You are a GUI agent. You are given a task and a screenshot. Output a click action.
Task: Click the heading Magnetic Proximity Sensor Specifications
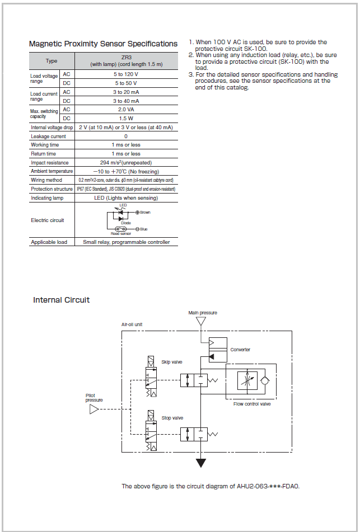click(x=103, y=44)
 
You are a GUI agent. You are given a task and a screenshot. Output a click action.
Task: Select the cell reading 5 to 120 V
click(x=127, y=74)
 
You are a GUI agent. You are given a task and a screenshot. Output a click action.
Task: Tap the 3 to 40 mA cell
click(x=127, y=101)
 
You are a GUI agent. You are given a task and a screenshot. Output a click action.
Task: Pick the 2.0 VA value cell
click(x=127, y=109)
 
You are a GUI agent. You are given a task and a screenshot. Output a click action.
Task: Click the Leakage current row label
click(x=48, y=136)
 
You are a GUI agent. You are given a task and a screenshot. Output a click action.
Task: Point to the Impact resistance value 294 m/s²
click(x=126, y=163)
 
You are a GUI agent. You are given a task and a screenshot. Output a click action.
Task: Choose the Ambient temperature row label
click(x=52, y=171)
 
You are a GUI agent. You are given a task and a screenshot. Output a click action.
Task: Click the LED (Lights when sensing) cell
click(x=126, y=198)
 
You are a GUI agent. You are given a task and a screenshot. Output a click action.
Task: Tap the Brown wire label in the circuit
click(x=145, y=213)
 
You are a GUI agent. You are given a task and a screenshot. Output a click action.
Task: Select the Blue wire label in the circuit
click(x=144, y=229)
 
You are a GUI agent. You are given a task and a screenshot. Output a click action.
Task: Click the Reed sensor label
click(x=120, y=234)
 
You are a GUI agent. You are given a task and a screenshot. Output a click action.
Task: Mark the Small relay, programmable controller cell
click(x=127, y=242)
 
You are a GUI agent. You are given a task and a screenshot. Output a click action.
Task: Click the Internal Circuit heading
click(x=62, y=300)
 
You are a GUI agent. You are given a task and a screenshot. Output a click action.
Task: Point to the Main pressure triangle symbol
click(x=202, y=321)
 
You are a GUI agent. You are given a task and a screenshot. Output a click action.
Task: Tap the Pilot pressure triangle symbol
click(x=94, y=409)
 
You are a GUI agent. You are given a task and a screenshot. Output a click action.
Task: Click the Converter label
click(x=240, y=350)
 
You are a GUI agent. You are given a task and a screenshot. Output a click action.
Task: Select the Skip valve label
click(x=171, y=362)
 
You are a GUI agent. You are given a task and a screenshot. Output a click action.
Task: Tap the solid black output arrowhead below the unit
click(x=202, y=463)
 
